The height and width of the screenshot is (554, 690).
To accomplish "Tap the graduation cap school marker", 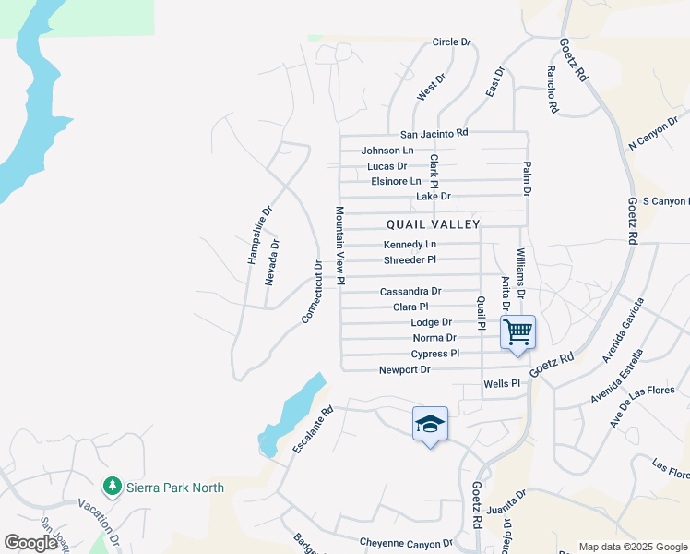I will (x=430, y=425).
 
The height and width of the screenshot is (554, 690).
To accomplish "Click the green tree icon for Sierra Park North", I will (x=112, y=486).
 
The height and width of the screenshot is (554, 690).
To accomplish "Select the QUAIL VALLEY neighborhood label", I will (x=433, y=224).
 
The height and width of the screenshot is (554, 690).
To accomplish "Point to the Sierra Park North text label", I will (x=174, y=487).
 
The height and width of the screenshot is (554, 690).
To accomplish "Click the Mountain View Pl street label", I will (x=339, y=245).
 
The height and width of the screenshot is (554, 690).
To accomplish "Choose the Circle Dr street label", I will (x=451, y=42).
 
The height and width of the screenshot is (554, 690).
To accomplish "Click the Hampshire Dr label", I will (x=260, y=235).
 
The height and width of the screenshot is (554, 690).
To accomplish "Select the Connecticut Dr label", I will (x=312, y=292).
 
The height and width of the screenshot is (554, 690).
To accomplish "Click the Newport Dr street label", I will (x=404, y=370).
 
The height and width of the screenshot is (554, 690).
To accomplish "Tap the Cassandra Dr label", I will (x=410, y=291).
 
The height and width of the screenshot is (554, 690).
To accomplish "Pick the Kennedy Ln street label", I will (x=410, y=245).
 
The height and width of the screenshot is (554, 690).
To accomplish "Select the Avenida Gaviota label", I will (x=623, y=330).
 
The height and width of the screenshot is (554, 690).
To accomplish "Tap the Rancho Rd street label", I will (x=553, y=90).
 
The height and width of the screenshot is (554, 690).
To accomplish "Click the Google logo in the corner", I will (x=30, y=543).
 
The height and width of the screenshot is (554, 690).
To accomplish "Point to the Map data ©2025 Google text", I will (x=633, y=547).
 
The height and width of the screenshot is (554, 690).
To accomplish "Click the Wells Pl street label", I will (x=502, y=383).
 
